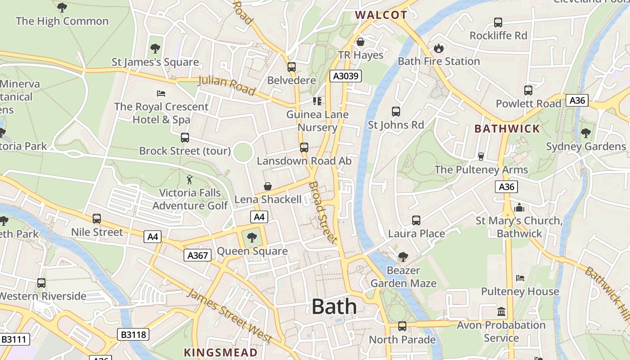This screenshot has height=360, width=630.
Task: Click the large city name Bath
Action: tap(334, 307)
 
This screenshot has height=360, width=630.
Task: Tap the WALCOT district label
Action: tap(381, 15)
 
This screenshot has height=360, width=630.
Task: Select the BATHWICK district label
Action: tap(507, 129)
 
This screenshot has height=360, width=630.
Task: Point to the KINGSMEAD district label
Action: tap(220, 352)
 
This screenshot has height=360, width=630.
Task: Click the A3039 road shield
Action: tap(346, 76)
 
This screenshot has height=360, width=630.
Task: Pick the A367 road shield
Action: tap(198, 256)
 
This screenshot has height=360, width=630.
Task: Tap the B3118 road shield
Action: tap(133, 334)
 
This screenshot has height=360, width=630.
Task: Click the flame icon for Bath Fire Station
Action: tap(438, 48)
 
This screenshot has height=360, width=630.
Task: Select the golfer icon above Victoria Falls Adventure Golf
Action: tap(189, 180)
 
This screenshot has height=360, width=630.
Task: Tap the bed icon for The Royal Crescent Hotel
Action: tap(161, 94)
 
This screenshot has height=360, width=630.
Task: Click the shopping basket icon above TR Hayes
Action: tap(360, 42)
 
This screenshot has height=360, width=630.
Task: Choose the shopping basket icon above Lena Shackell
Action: tap(268, 186)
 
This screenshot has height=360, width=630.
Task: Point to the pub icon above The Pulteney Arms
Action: tap(481, 156)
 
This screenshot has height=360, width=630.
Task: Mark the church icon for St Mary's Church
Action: tap(519, 207)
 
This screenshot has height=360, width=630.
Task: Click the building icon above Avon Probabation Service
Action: tap(501, 311)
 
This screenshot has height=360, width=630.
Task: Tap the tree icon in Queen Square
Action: tap(252, 238)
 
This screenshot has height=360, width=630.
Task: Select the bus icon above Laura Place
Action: tap(416, 220)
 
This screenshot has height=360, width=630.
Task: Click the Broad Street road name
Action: tap(323, 212)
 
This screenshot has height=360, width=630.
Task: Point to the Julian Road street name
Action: tap(227, 85)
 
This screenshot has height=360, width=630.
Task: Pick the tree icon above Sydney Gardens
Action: tap(585, 133)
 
